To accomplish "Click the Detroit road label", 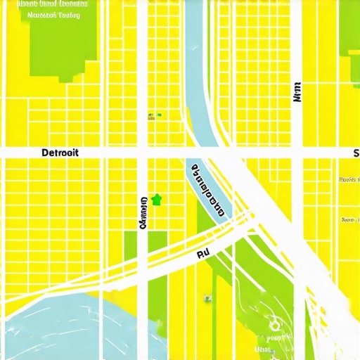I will [60, 153].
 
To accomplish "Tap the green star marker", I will [156, 200].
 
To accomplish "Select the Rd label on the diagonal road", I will [203, 252].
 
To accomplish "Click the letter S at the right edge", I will [356, 153].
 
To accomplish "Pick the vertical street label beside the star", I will [143, 213].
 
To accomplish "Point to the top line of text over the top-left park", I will [53, 4].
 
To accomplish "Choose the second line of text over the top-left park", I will [53, 14].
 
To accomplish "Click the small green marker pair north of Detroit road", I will [154, 115].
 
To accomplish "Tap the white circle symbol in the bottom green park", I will [273, 326].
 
